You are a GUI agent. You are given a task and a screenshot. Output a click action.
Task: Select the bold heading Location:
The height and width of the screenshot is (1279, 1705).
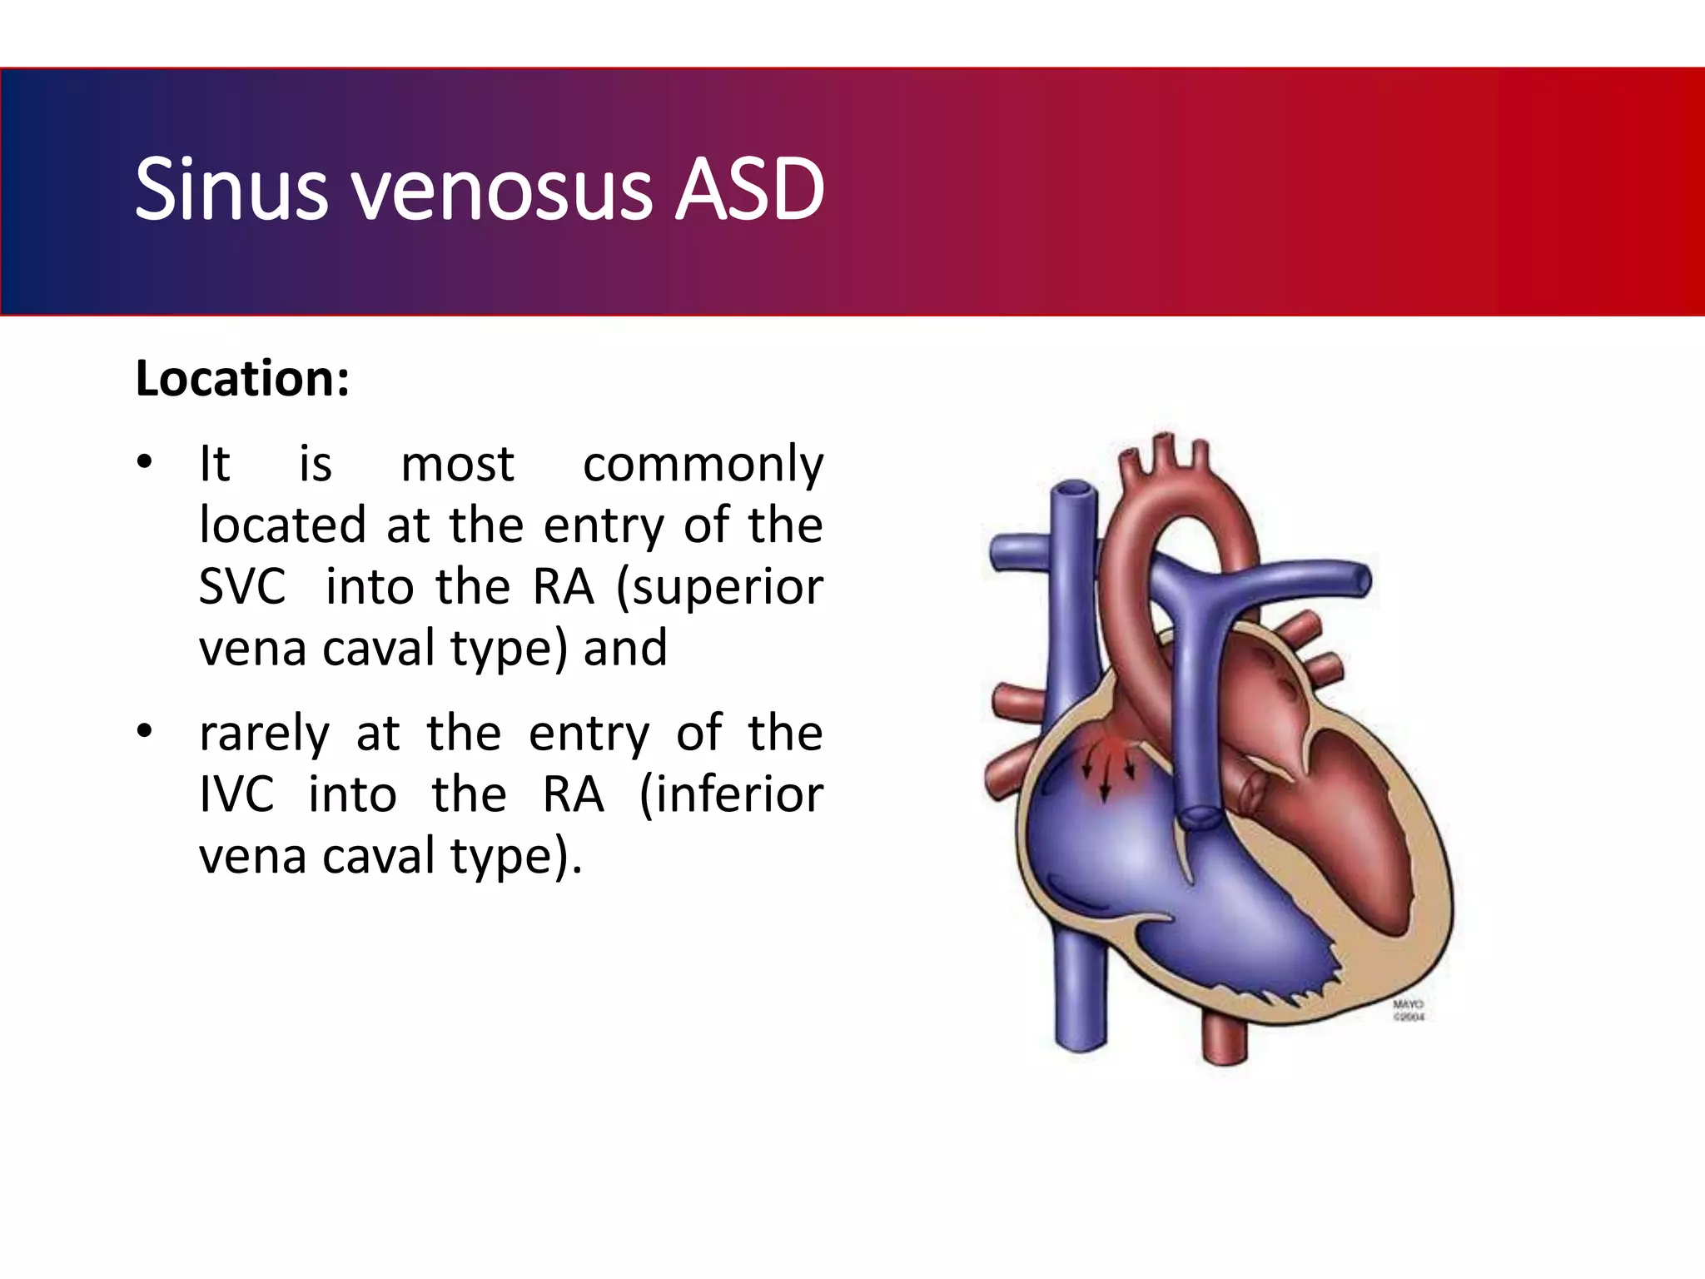pos(242,379)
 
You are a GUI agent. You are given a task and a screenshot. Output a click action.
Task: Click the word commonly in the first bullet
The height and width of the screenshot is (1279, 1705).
pos(703,465)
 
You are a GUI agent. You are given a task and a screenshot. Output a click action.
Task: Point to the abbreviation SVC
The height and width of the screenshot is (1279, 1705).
pos(242,586)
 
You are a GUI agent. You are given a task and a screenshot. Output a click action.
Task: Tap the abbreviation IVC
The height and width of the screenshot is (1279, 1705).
pos(236,794)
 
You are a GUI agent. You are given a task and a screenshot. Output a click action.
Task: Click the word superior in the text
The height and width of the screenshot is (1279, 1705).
pos(720,586)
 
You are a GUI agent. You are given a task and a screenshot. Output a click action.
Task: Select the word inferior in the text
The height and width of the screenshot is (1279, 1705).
pos(731,794)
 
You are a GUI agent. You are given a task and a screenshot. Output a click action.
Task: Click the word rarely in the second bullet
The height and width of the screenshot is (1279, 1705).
pos(264,734)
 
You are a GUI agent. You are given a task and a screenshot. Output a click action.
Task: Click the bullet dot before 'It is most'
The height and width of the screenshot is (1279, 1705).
pos(145,463)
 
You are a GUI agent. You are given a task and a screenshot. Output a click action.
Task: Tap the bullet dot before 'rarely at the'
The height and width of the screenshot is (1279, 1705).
pos(145,733)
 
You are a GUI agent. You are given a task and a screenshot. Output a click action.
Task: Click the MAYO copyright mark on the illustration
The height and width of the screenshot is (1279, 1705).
pos(1409,1011)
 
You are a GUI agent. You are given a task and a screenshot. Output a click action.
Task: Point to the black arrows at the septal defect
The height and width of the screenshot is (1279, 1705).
pos(1106,770)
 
